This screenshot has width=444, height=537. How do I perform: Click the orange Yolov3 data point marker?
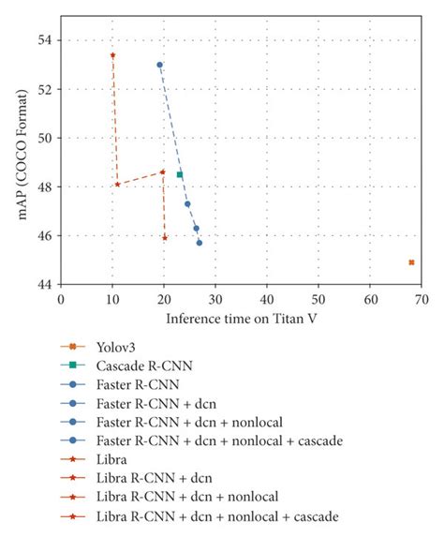(x=411, y=262)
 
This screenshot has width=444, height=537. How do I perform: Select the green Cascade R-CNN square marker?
(x=180, y=174)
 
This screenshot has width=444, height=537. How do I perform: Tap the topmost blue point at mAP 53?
(x=159, y=65)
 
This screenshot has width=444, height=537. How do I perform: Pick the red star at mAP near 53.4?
(x=112, y=55)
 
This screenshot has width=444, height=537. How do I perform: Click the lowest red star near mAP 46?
(x=165, y=237)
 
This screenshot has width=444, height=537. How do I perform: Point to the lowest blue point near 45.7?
(x=199, y=243)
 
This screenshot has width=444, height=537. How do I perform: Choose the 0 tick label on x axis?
(x=61, y=299)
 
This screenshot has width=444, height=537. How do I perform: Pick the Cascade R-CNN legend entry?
(x=136, y=366)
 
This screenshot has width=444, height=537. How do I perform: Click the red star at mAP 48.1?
(x=117, y=184)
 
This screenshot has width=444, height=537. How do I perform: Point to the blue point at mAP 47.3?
(x=187, y=203)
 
